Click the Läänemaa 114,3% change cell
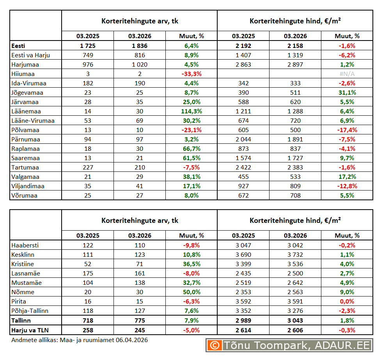[x=191, y=111]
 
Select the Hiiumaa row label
[x=23, y=74]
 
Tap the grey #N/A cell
[x=347, y=74]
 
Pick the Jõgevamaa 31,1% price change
[x=347, y=93]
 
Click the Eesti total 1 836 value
[x=140, y=46]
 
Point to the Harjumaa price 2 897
[x=295, y=64]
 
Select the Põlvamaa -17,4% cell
[x=347, y=130]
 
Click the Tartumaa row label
[x=25, y=168]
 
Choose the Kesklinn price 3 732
[x=295, y=255]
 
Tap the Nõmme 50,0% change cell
[x=191, y=292]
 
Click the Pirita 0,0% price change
[x=347, y=302]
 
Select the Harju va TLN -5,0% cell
[x=191, y=330]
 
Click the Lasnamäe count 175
[x=88, y=274]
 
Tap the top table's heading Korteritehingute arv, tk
[x=140, y=21]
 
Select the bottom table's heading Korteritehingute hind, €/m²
[x=295, y=221]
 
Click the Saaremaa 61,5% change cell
[x=191, y=158]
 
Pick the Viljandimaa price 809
[x=295, y=186]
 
